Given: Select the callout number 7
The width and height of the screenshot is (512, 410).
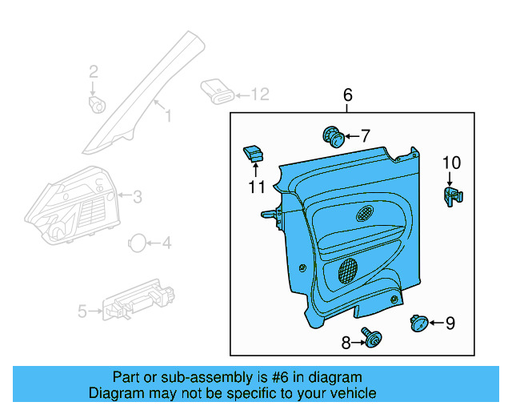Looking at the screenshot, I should (x=365, y=136).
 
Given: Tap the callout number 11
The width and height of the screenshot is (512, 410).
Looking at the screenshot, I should (x=256, y=187).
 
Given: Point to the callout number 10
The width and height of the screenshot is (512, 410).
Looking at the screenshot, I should (x=451, y=163).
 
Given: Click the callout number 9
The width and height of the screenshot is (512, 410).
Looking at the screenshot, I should (x=450, y=324).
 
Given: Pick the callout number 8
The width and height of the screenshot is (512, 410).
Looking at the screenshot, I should (x=346, y=343).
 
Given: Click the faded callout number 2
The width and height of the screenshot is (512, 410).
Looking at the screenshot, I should (x=94, y=72).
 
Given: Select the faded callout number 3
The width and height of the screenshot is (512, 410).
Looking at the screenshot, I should (x=137, y=195).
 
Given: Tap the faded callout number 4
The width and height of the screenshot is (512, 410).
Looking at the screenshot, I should (x=166, y=243).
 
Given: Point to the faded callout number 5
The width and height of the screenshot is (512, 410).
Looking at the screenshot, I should (x=82, y=312).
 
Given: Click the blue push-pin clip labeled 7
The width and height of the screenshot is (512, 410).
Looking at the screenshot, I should (x=334, y=138).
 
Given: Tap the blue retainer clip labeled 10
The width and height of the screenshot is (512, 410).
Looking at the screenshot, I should (x=453, y=195).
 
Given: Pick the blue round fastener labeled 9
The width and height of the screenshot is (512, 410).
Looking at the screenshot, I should (x=417, y=323).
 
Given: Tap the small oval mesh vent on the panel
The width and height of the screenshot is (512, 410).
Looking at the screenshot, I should (x=363, y=214).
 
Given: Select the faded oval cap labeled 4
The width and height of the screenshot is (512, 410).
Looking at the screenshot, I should (x=138, y=243).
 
